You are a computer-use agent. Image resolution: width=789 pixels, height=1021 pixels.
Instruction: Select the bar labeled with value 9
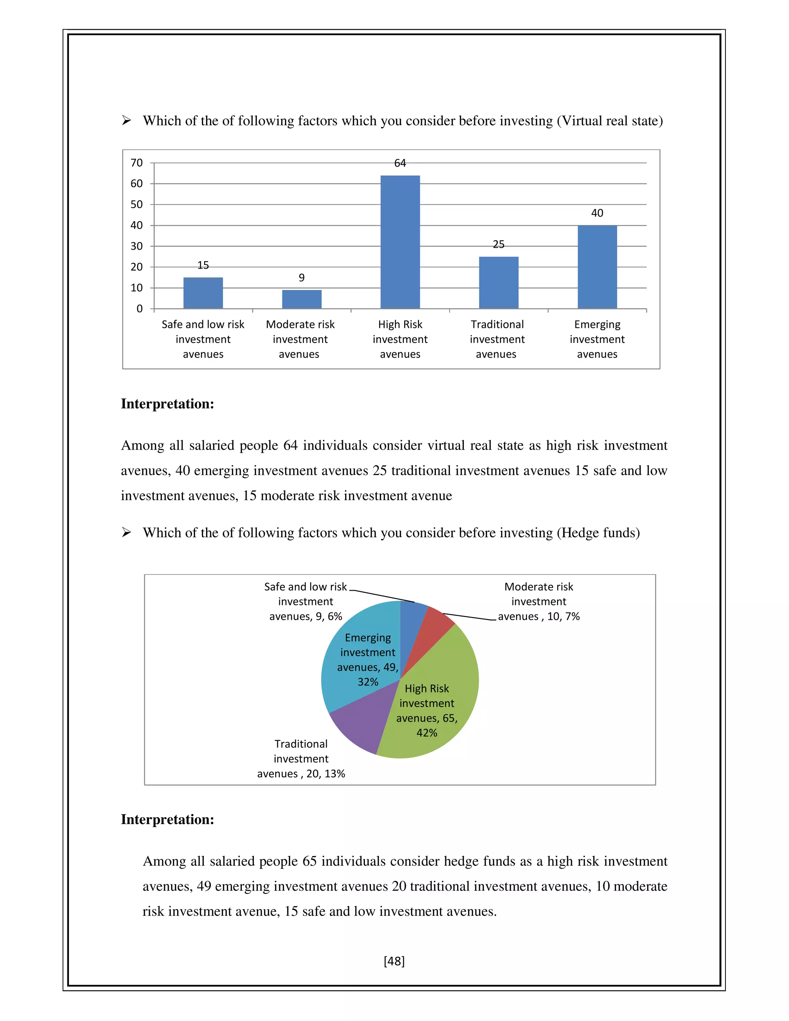(x=302, y=299)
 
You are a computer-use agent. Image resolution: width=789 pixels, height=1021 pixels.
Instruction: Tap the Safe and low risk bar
(x=203, y=293)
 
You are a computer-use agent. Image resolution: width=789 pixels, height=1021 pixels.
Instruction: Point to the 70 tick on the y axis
(x=136, y=163)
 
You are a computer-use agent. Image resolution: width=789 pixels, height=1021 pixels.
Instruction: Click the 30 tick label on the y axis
(x=136, y=246)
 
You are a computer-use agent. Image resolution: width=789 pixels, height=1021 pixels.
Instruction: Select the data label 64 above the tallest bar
(x=400, y=163)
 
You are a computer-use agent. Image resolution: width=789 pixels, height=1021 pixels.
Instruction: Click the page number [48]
(x=394, y=961)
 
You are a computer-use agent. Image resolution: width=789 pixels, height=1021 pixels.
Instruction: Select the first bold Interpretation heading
(x=167, y=404)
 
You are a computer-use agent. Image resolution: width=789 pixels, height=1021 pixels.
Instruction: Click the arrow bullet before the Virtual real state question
(x=126, y=121)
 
